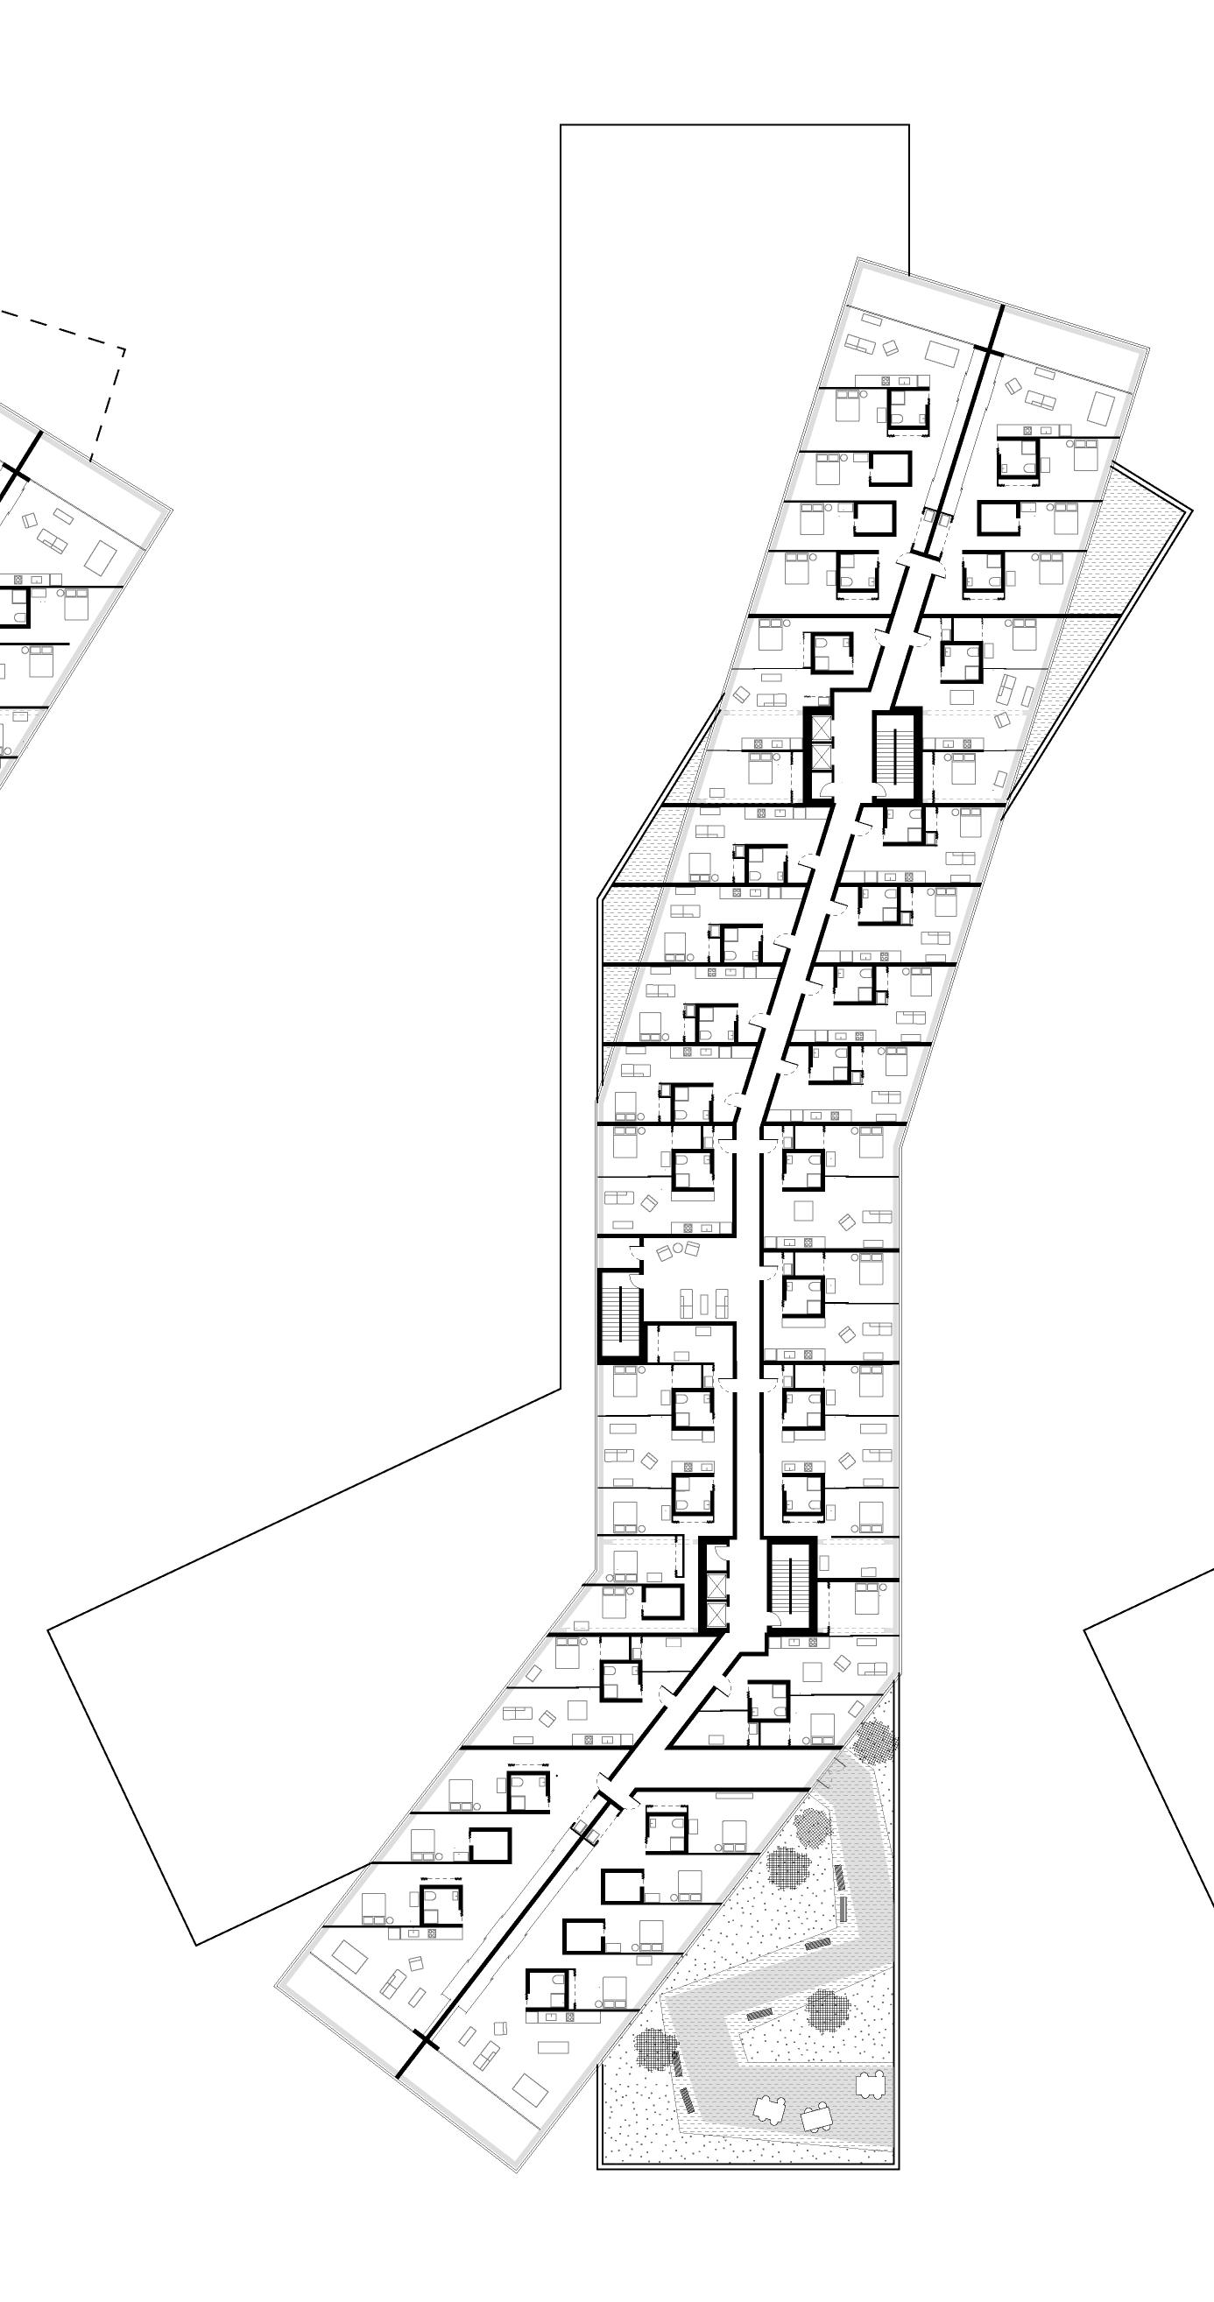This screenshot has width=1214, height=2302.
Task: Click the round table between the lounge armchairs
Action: point(678,1249)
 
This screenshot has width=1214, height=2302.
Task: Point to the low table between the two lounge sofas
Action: point(706,1304)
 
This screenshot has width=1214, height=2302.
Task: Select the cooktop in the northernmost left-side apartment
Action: point(885,381)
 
